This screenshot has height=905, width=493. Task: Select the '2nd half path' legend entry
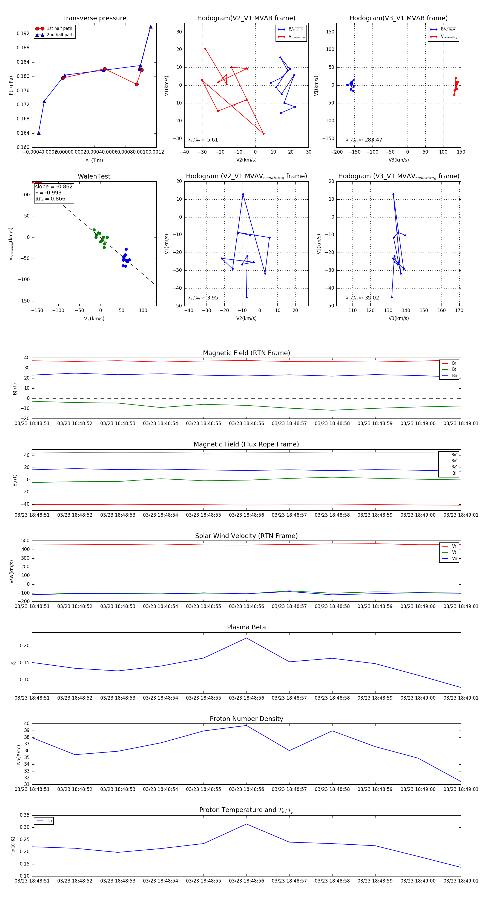point(60,35)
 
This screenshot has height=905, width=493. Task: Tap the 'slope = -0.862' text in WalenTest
point(54,186)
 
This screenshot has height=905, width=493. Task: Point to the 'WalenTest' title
point(94,176)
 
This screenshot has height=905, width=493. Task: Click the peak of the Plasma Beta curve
point(246,638)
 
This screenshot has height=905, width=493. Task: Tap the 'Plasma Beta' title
point(246,627)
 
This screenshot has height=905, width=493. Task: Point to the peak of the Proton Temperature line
point(246,824)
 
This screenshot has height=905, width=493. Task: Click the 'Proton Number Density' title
point(246,719)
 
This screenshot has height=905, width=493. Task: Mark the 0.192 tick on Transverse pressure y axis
point(23,34)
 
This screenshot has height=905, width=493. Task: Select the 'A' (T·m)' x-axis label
point(94,160)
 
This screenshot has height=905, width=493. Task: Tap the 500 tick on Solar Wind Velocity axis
point(25,541)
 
